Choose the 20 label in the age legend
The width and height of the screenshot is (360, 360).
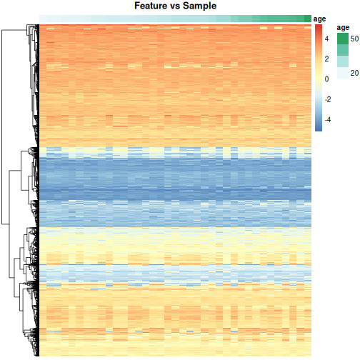tap(354, 72)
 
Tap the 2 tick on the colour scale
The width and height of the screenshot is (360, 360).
tap(327, 59)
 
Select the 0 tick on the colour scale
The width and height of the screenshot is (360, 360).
tap(327, 79)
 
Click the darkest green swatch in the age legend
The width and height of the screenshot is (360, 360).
tap(343, 39)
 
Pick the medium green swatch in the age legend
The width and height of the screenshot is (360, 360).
tap(343, 50)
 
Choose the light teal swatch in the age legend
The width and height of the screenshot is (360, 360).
tap(343, 61)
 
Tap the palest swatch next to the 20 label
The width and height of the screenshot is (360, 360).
tap(343, 72)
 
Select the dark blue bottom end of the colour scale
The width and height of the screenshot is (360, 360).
tap(318, 129)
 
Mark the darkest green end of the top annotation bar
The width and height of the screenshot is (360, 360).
tap(308, 19)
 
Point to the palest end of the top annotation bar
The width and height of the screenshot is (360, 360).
tap(43, 19)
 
